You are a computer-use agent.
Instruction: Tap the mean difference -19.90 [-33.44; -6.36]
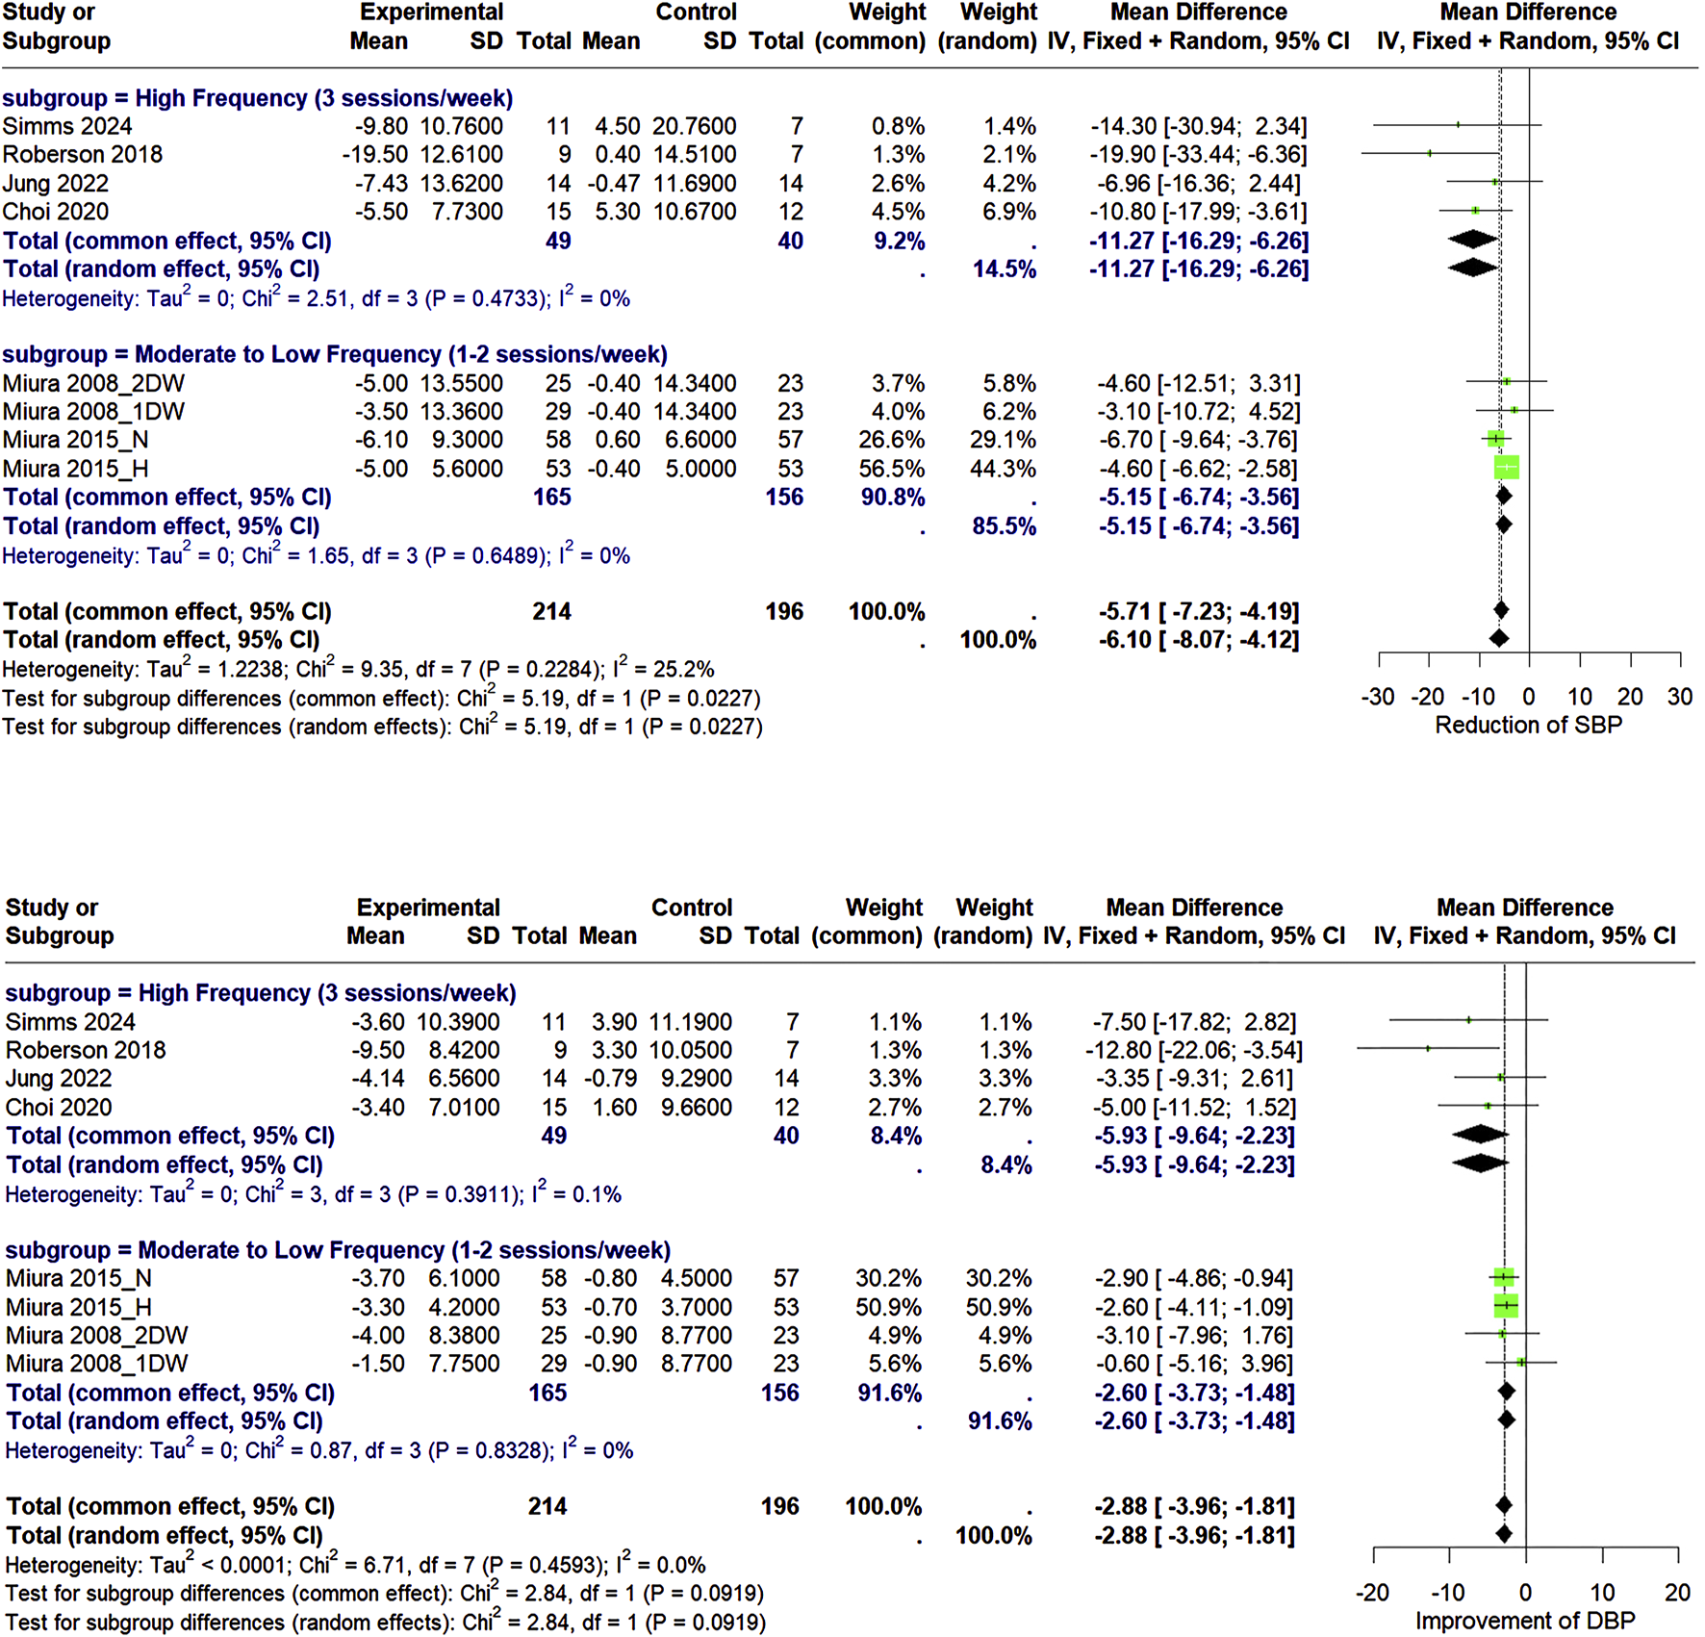click(x=1198, y=155)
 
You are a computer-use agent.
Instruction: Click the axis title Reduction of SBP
click(x=1528, y=725)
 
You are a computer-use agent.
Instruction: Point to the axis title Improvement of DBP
click(x=1525, y=1621)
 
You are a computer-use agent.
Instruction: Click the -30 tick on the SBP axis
click(x=1378, y=697)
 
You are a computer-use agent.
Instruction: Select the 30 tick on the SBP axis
click(x=1680, y=697)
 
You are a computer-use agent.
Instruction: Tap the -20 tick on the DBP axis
click(x=1372, y=1593)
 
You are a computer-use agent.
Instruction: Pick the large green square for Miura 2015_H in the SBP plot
click(x=1507, y=468)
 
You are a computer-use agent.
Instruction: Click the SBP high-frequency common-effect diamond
click(x=1473, y=240)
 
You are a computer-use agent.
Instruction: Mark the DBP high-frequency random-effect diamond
click(x=1480, y=1164)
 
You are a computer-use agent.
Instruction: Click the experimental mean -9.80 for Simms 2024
click(x=380, y=126)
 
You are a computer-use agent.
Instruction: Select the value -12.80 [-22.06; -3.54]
click(x=1194, y=1050)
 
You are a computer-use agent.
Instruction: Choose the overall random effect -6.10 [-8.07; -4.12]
click(x=1198, y=640)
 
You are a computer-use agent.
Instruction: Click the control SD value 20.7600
click(x=695, y=126)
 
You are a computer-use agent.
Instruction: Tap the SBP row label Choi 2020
click(x=56, y=212)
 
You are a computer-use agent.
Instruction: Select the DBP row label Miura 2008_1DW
click(x=96, y=1364)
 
